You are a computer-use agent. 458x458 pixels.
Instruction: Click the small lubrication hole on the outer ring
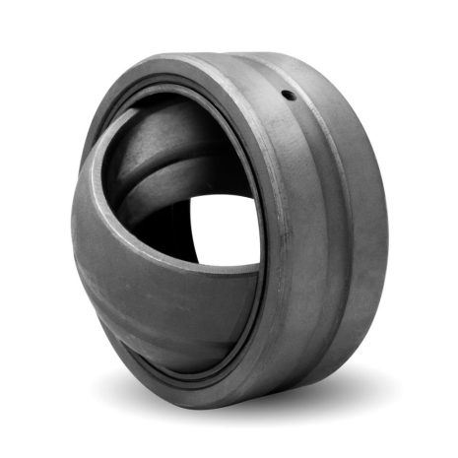pyautogui.click(x=288, y=96)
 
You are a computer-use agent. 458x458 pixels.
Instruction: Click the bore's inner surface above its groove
pyautogui.click(x=158, y=138)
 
